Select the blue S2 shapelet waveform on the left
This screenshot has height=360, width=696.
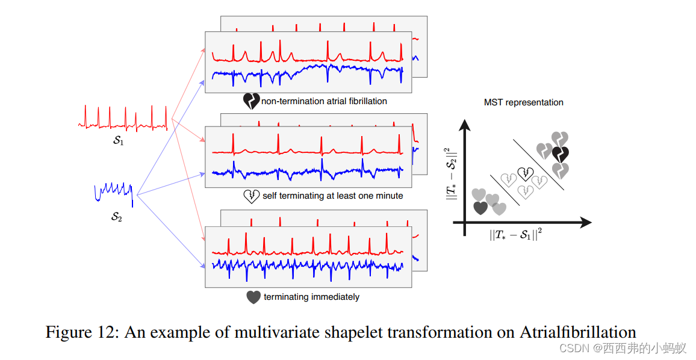[113, 193]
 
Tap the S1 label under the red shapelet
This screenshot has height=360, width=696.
[118, 141]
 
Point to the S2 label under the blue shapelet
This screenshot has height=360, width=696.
[116, 217]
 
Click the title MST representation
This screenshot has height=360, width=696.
[523, 102]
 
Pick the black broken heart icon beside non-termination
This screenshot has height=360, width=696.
[250, 101]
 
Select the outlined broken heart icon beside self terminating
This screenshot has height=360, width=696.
[251, 196]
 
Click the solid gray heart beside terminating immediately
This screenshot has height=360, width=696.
[253, 297]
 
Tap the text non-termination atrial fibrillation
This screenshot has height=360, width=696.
[324, 101]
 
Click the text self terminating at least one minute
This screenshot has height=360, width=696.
[333, 196]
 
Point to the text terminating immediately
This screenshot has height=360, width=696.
[311, 297]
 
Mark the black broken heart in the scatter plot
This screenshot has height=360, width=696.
[561, 155]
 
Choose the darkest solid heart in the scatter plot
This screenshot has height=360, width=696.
[480, 208]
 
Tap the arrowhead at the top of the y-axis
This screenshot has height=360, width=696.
[464, 125]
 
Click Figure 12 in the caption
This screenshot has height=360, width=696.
[80, 332]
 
